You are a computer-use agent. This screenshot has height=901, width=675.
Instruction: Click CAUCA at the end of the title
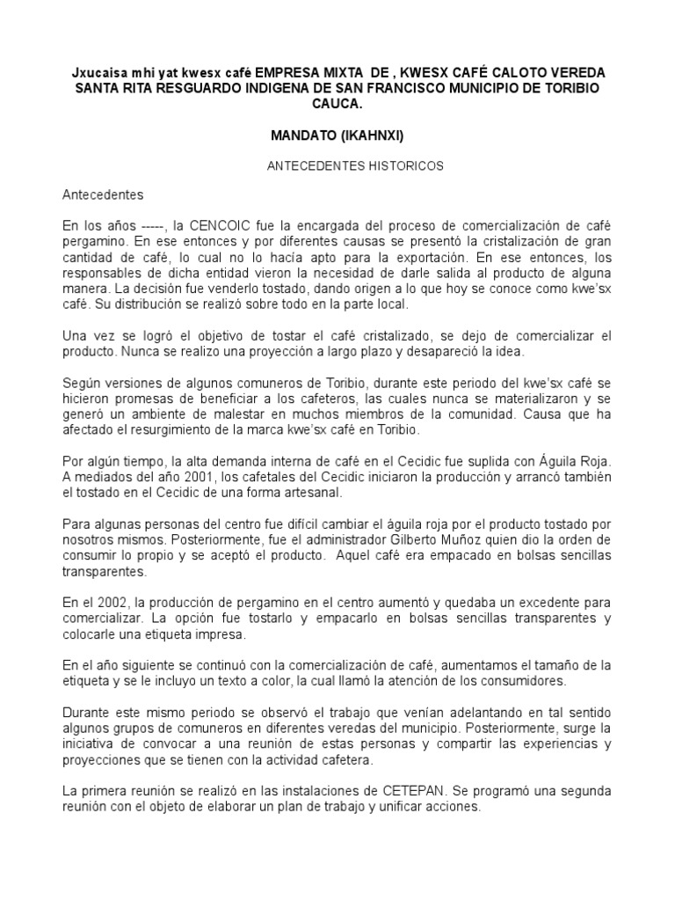click(x=337, y=103)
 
